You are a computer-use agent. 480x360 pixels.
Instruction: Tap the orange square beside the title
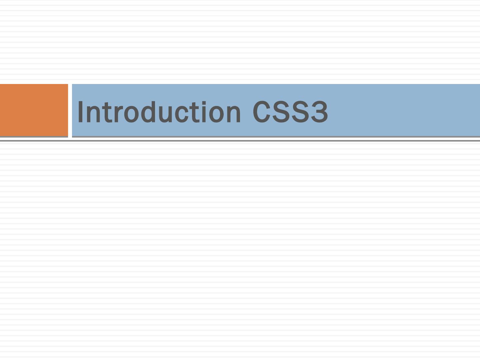click(x=34, y=110)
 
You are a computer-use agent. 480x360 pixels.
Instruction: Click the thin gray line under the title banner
click(x=240, y=141)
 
